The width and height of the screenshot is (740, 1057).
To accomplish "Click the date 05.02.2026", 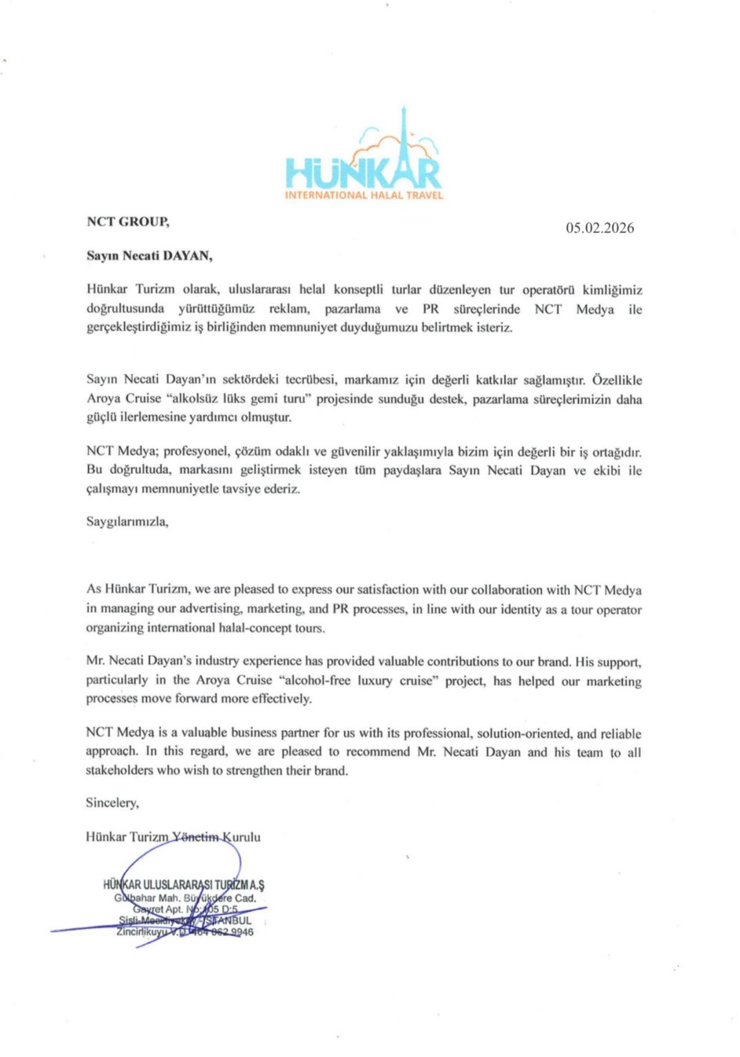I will coord(600,228).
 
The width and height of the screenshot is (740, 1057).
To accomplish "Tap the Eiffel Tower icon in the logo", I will coord(404,138).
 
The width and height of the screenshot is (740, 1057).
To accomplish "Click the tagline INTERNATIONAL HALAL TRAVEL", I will coord(364,195).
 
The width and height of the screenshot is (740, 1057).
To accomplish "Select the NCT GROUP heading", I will coord(128,222).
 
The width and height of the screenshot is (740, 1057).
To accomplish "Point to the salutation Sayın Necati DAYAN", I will coord(149,256).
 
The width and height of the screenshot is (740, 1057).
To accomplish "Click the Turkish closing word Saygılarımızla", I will coord(127,522).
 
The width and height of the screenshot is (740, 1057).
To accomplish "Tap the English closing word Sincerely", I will coord(112,802).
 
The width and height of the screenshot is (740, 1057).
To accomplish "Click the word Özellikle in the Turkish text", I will coord(617,380).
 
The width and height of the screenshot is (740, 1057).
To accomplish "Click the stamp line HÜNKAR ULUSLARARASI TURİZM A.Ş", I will coord(184,885).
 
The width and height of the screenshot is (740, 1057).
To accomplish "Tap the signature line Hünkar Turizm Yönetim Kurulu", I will coord(173,837).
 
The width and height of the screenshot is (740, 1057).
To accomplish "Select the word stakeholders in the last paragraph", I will coord(119,771).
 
